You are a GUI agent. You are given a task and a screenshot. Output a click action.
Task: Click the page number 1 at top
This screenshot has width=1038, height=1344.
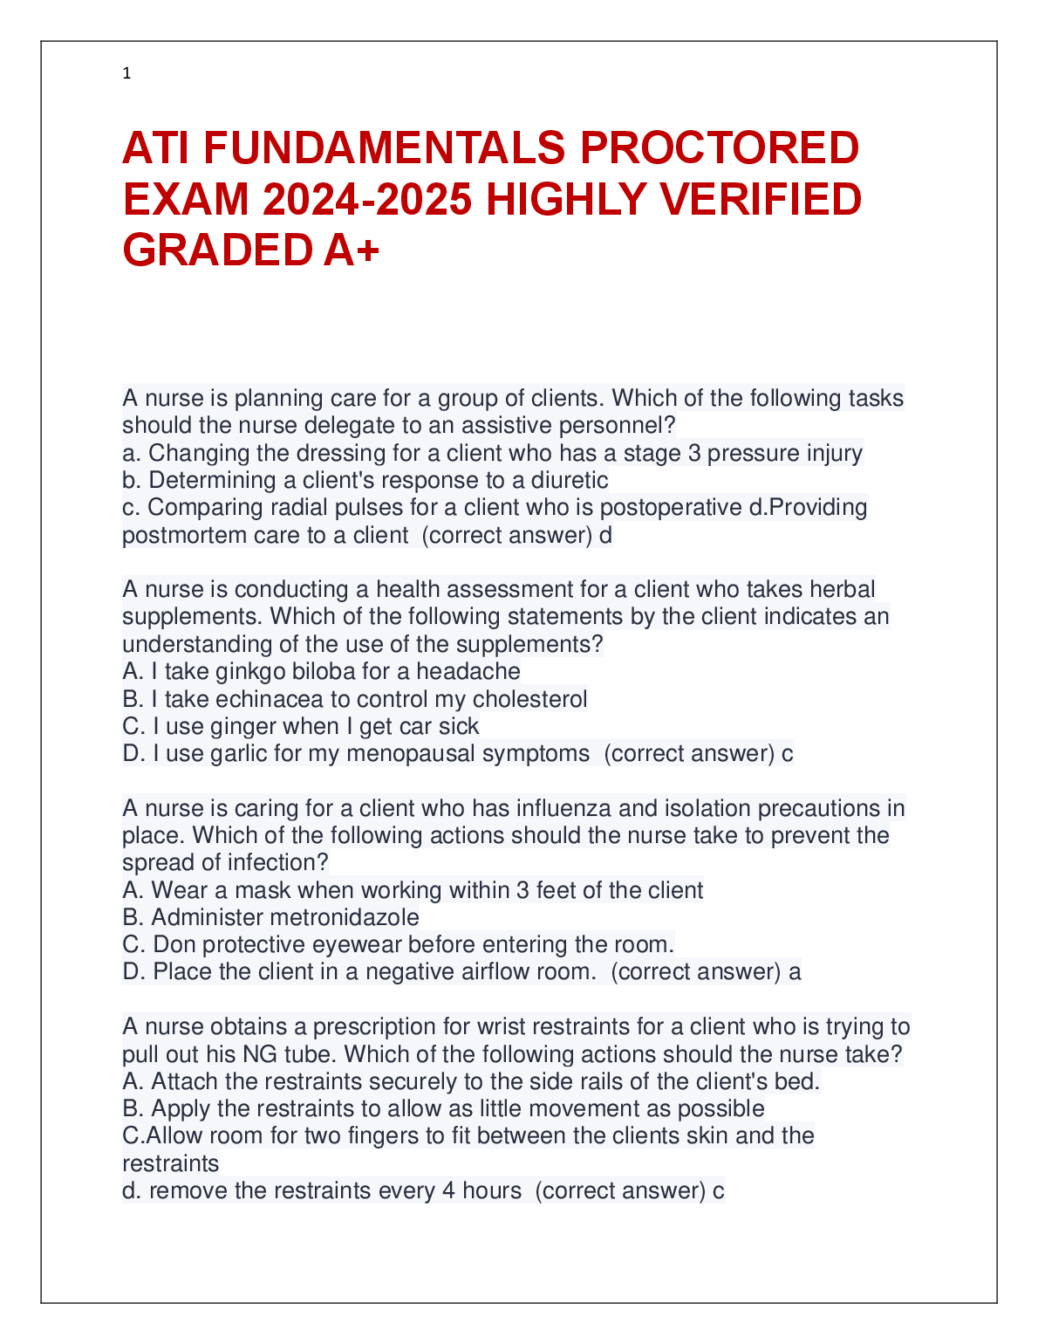126,74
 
